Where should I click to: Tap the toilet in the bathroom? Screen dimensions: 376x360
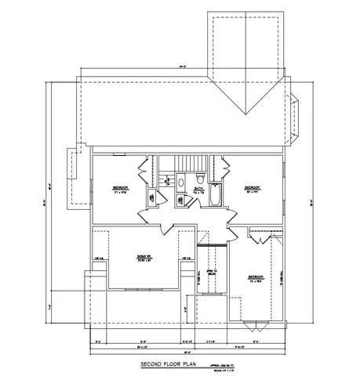point(181,182)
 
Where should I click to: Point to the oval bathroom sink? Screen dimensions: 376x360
point(181,200)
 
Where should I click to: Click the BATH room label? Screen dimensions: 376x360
point(199,188)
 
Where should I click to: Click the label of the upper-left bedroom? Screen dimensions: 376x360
point(119,189)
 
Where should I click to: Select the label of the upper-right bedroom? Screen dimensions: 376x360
point(252,188)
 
